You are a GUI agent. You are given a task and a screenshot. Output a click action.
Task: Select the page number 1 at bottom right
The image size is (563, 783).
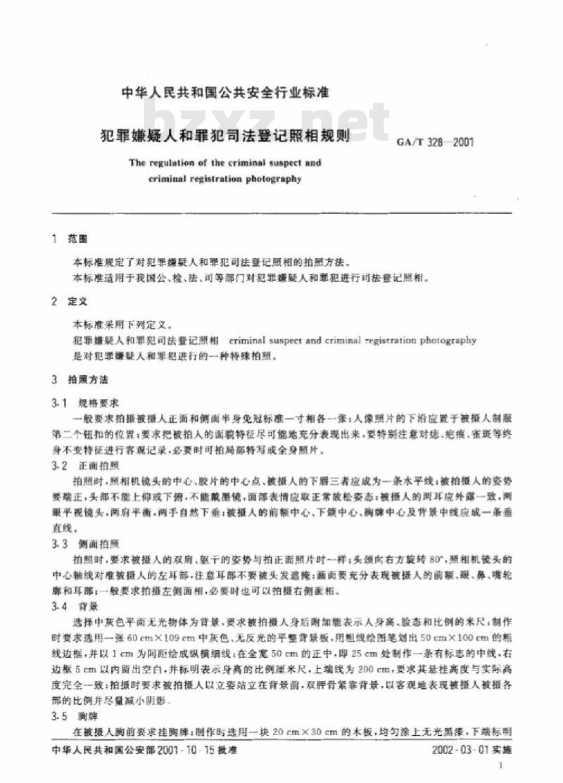[500, 767]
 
